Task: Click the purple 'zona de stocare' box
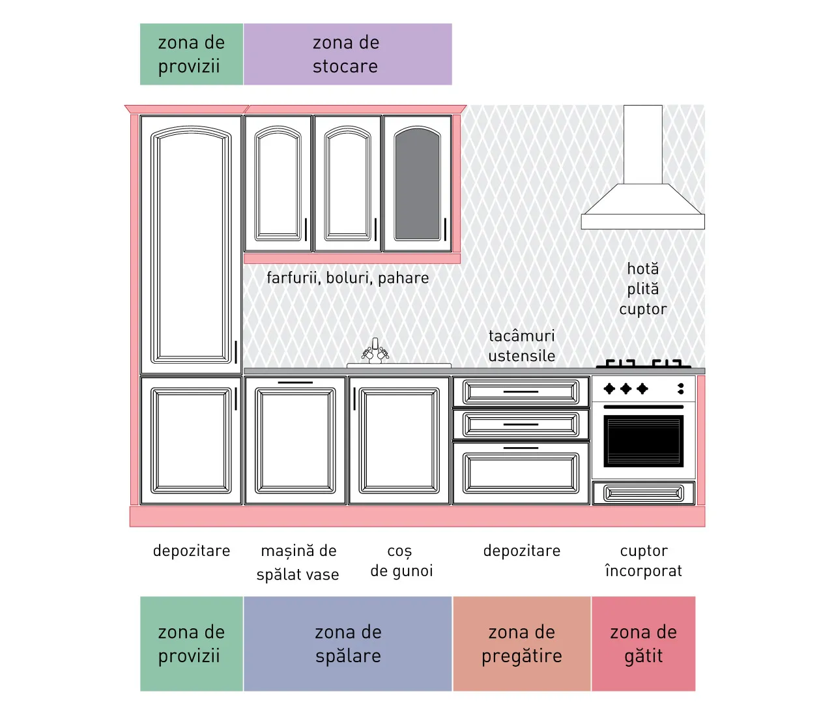tap(347, 54)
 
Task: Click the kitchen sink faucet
tap(375, 351)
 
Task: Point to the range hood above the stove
tap(642, 167)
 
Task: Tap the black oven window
tap(644, 441)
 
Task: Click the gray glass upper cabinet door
tap(418, 184)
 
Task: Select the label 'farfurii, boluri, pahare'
tap(347, 278)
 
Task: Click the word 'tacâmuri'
tap(522, 336)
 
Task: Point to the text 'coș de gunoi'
tap(401, 561)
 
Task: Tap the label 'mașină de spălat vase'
tap(298, 562)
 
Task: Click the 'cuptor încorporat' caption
tap(644, 561)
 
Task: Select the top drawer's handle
tap(521, 392)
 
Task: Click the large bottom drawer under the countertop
tap(521, 473)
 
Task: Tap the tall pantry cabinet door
tap(192, 244)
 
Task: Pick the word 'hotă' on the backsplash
tap(642, 269)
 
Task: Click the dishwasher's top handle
tap(295, 383)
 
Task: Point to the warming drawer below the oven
tap(644, 493)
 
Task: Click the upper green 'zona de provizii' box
tap(192, 54)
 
